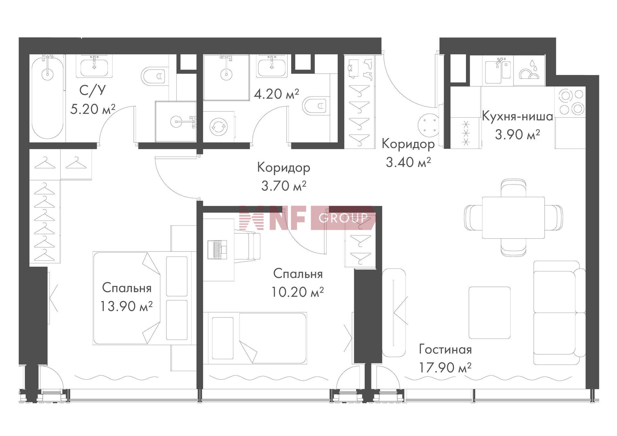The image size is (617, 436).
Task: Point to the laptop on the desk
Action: coord(217,250)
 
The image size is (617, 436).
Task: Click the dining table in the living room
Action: coord(514,218)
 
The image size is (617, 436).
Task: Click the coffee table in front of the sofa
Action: coord(489,313)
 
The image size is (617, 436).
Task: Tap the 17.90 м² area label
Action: coord(445,367)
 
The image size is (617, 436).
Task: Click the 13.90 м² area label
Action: coord(126,306)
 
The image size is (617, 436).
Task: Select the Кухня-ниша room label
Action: coord(517,116)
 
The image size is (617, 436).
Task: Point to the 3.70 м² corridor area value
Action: coord(283,186)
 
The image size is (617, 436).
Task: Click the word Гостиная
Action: coord(445,350)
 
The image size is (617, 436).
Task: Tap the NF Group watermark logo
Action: coord(307,218)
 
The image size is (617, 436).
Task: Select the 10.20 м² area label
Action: coord(298,292)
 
